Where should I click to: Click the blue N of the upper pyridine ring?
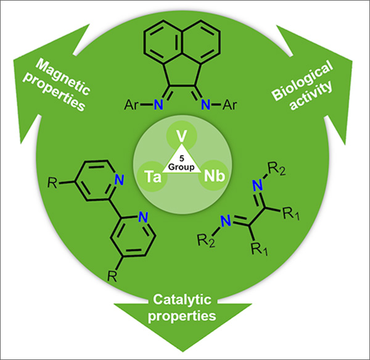pos(120,181)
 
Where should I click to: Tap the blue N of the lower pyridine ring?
pos(142,217)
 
